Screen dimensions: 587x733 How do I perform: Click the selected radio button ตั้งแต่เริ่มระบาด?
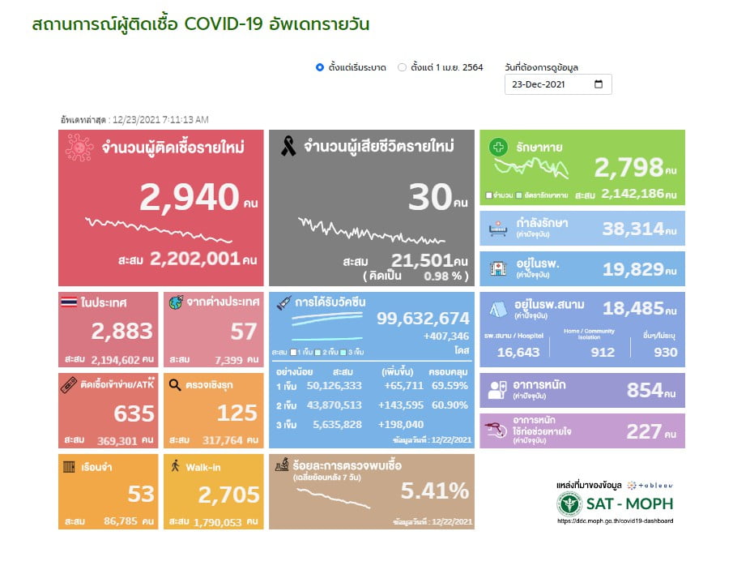click(x=320, y=67)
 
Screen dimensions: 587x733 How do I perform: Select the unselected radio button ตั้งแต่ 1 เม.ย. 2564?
click(x=402, y=67)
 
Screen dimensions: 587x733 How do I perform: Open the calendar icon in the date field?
click(x=599, y=84)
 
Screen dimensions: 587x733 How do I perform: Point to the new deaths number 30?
click(x=429, y=197)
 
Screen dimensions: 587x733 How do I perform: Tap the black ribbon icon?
click(x=287, y=147)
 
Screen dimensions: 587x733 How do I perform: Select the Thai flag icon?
click(x=69, y=302)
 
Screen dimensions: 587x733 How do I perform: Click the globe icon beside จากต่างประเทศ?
click(x=175, y=302)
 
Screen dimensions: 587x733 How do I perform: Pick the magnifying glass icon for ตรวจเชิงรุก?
click(x=175, y=386)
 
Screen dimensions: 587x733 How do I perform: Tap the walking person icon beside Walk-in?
click(x=175, y=465)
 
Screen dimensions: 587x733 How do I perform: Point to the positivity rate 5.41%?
click(x=435, y=491)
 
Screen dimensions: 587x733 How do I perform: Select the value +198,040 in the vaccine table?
click(x=401, y=424)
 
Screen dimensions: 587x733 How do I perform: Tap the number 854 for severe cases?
click(x=645, y=390)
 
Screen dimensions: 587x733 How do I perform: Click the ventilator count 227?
click(x=645, y=431)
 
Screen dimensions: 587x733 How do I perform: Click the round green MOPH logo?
click(x=569, y=503)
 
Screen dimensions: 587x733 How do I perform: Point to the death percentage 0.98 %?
click(x=444, y=276)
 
